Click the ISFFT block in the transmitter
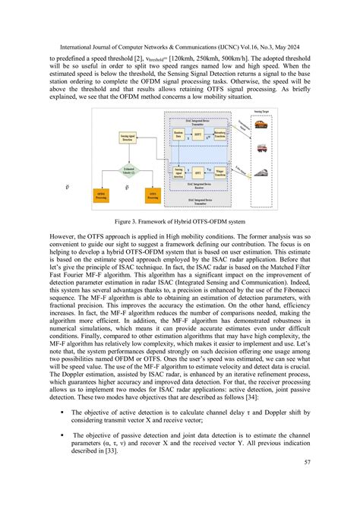(197, 134)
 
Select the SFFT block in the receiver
(197, 172)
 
